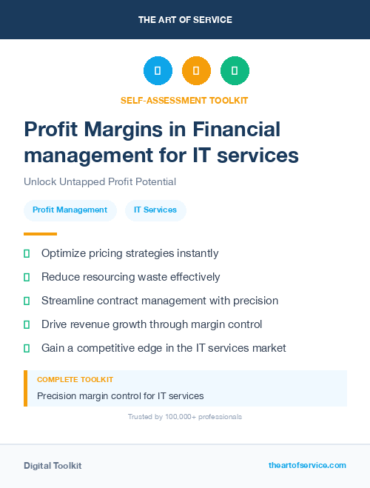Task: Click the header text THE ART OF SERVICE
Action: [x=185, y=20]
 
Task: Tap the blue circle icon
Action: [x=158, y=71]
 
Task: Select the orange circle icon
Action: [x=196, y=71]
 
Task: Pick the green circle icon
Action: [x=235, y=71]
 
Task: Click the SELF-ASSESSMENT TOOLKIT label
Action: [x=184, y=100]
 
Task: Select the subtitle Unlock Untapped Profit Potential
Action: [x=99, y=181]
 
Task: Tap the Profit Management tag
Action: [x=70, y=210]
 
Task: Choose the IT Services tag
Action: [x=155, y=210]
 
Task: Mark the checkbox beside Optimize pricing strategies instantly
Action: [x=27, y=253]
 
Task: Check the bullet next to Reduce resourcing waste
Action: [x=27, y=277]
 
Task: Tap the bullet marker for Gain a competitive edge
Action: [x=27, y=348]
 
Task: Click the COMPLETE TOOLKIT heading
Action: [x=75, y=379]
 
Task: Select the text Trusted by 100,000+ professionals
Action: [x=185, y=417]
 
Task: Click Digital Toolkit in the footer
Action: [x=53, y=466]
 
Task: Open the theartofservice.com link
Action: [x=307, y=465]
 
